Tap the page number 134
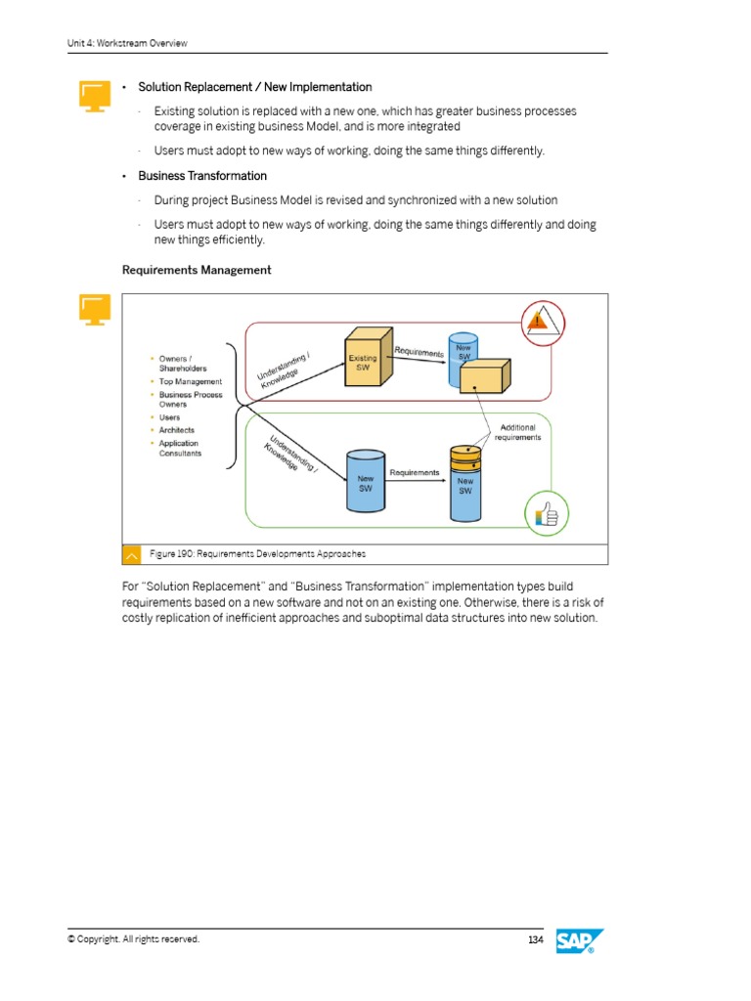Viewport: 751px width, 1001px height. pos(535,939)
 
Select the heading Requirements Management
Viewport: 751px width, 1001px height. pos(197,270)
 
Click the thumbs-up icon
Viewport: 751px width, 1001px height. pos(546,513)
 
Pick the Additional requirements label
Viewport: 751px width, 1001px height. pos(518,432)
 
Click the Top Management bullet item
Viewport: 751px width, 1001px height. pos(191,381)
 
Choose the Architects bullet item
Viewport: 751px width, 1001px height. pos(177,430)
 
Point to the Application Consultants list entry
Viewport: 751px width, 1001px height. pos(180,448)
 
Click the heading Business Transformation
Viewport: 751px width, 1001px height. pos(202,176)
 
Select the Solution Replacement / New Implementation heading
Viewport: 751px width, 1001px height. pos(254,88)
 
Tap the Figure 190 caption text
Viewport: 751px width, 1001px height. pos(258,554)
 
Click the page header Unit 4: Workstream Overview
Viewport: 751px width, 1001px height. pos(127,43)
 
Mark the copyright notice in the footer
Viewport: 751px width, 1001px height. pos(133,939)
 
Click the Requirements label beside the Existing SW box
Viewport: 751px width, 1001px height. pos(419,352)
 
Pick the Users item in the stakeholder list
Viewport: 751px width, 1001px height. pos(170,417)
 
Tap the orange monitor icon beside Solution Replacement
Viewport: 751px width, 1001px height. pos(93,96)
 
